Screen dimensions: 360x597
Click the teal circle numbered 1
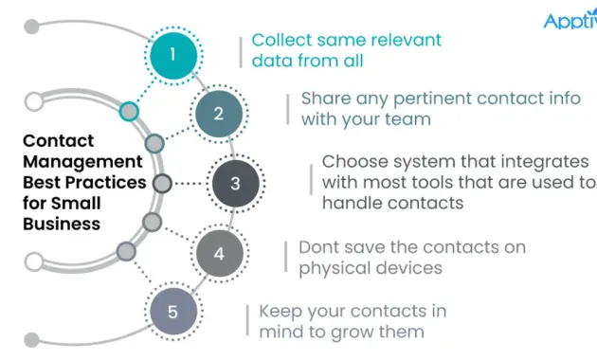coord(172,53)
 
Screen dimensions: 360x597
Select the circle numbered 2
coord(219,114)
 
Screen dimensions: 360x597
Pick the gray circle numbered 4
coord(219,253)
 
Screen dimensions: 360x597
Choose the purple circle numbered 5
coord(172,312)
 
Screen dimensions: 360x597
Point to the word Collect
coord(281,41)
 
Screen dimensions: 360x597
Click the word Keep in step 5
coord(280,311)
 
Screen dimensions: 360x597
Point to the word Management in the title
coord(82,161)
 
